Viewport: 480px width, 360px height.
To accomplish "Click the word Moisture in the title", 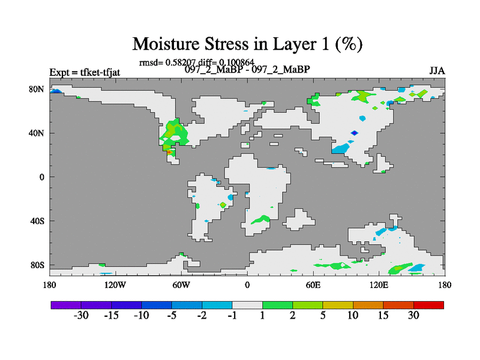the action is click(x=166, y=44).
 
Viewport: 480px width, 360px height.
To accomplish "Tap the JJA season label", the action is click(x=437, y=71).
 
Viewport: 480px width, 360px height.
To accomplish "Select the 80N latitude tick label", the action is click(x=37, y=89).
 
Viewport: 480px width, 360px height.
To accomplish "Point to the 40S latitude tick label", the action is click(x=37, y=221).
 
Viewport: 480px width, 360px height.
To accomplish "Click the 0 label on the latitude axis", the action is click(x=41, y=177).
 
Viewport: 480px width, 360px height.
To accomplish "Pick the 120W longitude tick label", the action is click(x=115, y=286).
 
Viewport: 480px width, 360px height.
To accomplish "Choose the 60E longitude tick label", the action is click(x=313, y=286).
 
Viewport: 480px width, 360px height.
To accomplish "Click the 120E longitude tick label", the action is click(x=379, y=286).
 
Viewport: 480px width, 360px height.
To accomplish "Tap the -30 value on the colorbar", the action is click(x=81, y=316).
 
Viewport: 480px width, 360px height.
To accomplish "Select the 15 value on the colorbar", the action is click(x=383, y=316).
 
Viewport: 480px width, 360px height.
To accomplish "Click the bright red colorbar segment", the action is click(x=428, y=305).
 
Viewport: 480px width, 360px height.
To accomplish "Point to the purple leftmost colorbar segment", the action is click(x=66, y=305).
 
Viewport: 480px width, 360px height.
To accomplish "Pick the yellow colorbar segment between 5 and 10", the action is click(x=338, y=305).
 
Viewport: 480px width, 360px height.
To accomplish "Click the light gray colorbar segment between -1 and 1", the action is click(x=247, y=305).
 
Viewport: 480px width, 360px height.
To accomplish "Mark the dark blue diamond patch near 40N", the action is click(x=354, y=133).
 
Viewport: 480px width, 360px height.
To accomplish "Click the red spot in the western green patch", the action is click(x=169, y=152).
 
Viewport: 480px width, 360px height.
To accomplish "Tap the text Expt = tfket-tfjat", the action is click(x=85, y=73).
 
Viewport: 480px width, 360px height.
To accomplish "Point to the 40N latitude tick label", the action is click(x=37, y=133).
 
